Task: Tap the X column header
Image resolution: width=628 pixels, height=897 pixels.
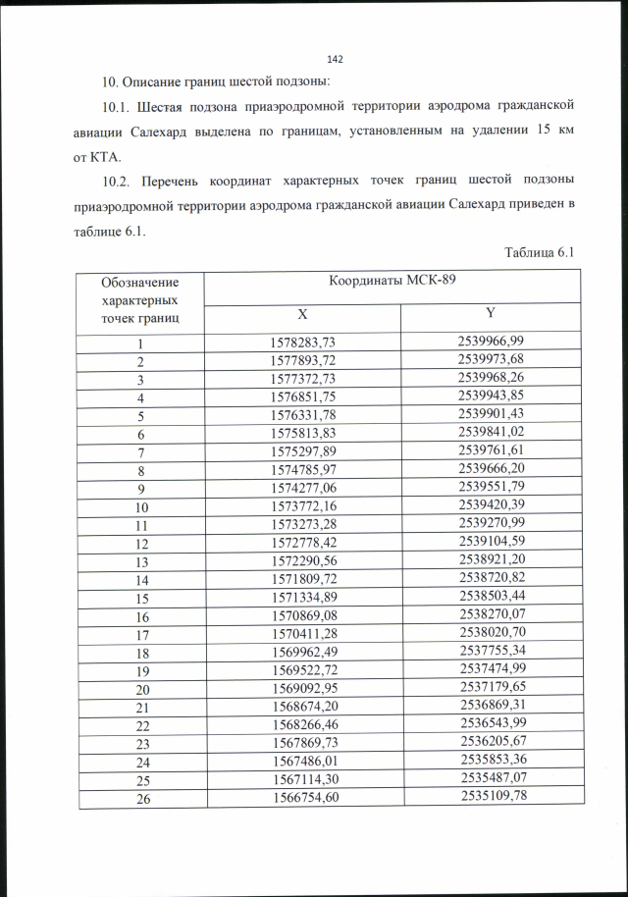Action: (303, 316)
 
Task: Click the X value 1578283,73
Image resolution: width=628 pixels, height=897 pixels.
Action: (302, 343)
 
